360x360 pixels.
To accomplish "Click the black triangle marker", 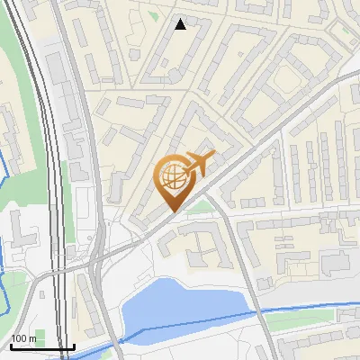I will coord(180,24).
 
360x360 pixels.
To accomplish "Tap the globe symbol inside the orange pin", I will coord(173,175).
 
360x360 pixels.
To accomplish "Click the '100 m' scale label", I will coord(23,338).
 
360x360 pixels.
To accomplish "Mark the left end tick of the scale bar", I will coord(10,346).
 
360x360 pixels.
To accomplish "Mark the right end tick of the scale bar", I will coord(74,346).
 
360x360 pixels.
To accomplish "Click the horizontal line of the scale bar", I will coord(41,347).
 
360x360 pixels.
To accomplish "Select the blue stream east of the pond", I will coord(297,309).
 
